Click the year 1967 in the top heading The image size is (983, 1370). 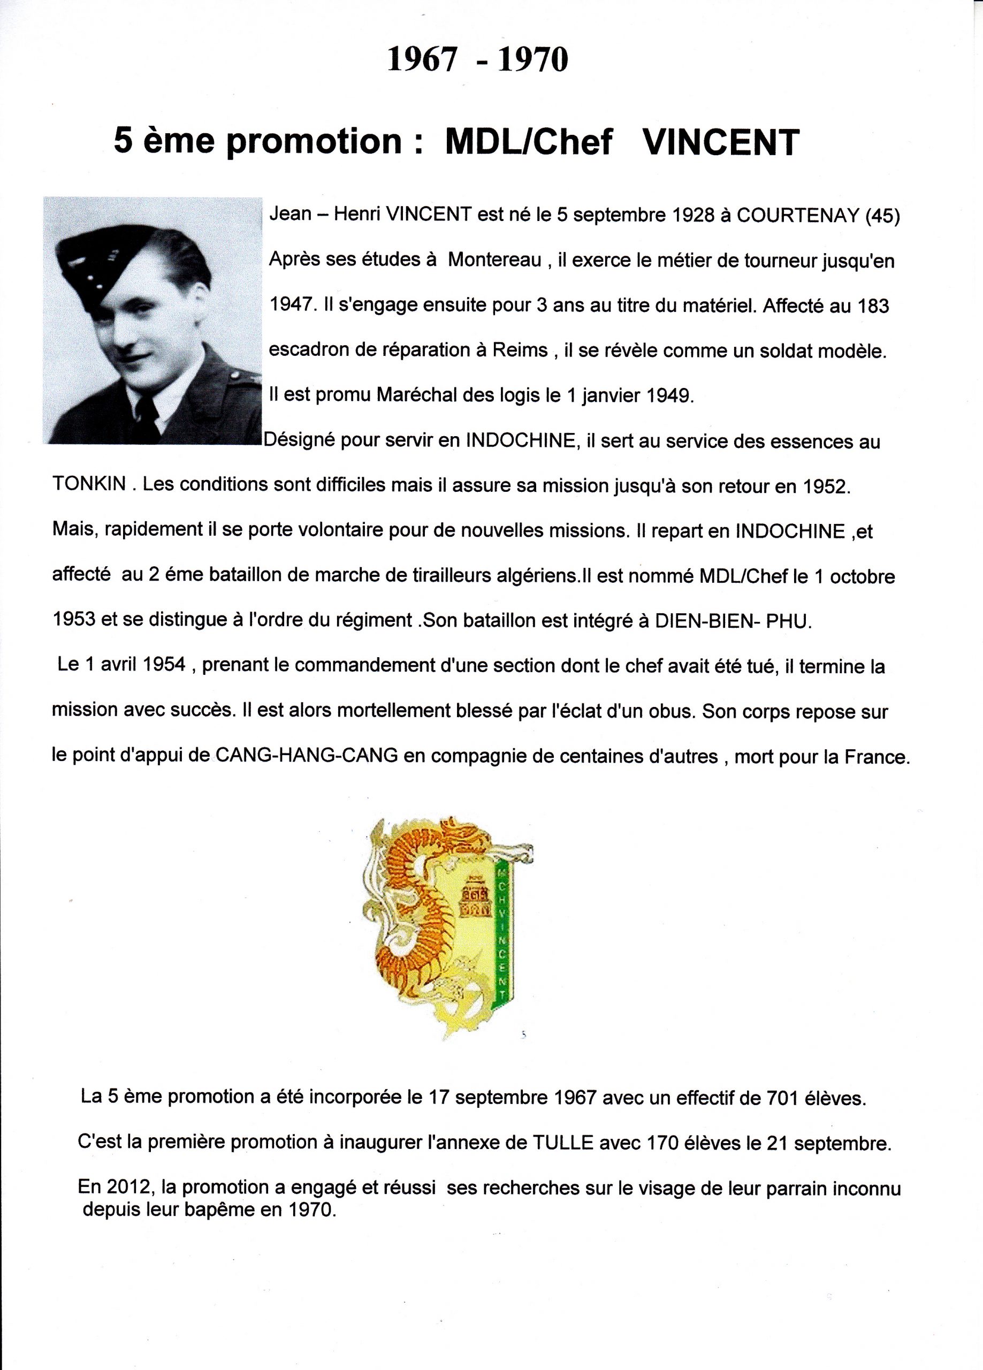(421, 60)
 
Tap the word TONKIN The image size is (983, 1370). (89, 484)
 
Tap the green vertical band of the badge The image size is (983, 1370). (501, 942)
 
